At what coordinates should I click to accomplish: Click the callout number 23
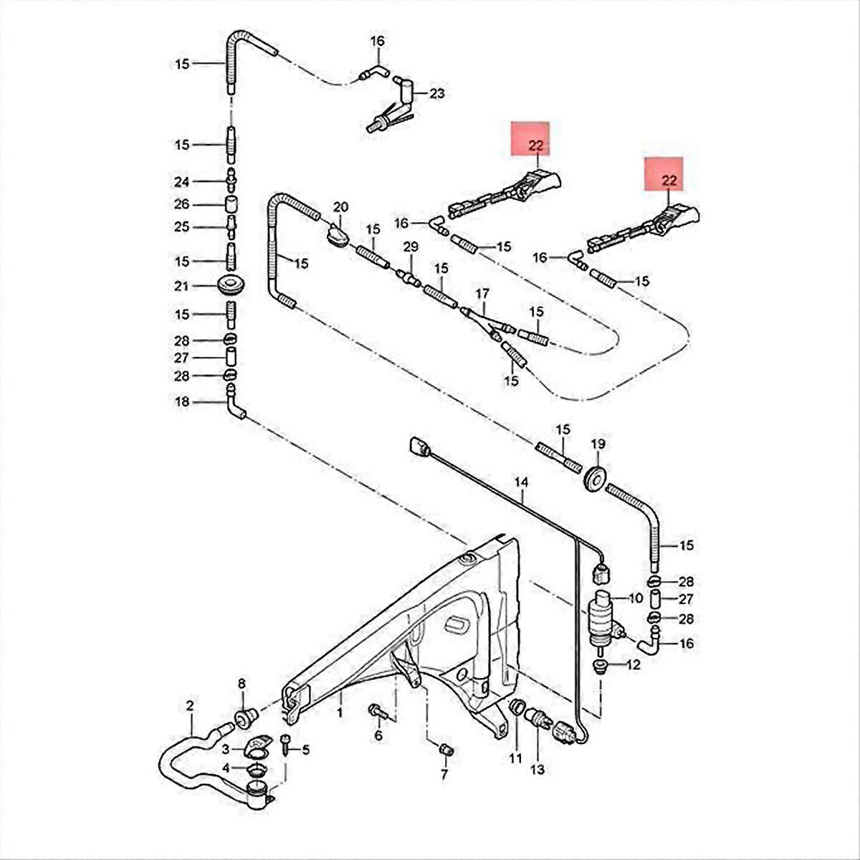coord(436,93)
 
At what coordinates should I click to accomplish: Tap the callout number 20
coord(340,207)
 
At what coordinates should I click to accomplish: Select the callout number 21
coord(182,287)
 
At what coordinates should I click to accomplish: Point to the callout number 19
coord(598,444)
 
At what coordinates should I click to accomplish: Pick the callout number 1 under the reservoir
coord(340,714)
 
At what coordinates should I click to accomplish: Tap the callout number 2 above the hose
coord(190,707)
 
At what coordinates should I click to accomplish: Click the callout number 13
coord(537,770)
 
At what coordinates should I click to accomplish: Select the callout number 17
coord(482,294)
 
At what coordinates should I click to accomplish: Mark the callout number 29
coord(410,247)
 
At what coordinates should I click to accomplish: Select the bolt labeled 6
coord(378,712)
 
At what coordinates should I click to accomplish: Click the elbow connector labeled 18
coord(234,403)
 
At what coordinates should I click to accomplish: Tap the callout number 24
coord(182,181)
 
